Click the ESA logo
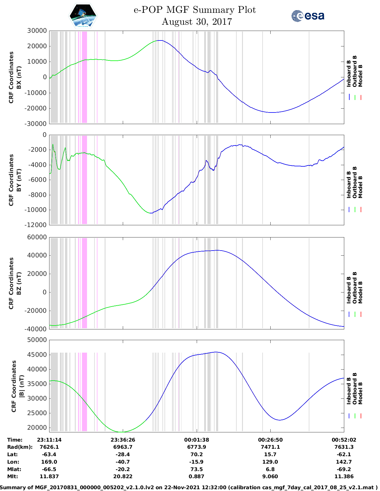point(308,16)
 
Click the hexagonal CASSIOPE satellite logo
point(83,16)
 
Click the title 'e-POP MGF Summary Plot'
point(195,10)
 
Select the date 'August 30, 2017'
point(197,22)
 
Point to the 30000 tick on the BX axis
point(37,31)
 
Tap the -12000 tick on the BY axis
point(35,225)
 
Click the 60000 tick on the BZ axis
point(37,237)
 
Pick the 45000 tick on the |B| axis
point(37,354)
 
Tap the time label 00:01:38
point(196,440)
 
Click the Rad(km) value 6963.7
point(123,447)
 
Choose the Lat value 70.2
point(196,454)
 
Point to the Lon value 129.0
point(270,462)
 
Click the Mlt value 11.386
point(344,476)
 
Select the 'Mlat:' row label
point(14,469)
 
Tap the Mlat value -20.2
point(123,469)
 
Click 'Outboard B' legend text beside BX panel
point(354,71)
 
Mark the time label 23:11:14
point(49,440)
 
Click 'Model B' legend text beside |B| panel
point(360,393)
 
